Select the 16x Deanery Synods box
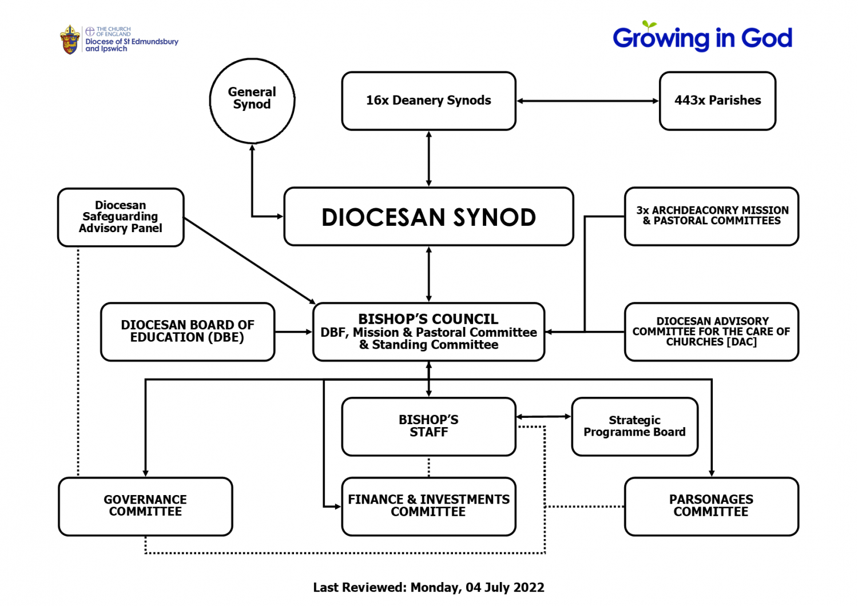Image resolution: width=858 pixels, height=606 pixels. click(x=428, y=101)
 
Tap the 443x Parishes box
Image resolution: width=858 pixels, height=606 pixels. click(x=717, y=101)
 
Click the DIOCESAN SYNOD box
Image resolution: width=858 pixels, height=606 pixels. click(x=428, y=216)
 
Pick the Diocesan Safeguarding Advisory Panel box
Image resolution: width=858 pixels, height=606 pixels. click(x=121, y=217)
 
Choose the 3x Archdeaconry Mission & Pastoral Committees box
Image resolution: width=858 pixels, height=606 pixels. click(x=712, y=216)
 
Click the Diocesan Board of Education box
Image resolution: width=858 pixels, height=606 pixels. click(x=188, y=332)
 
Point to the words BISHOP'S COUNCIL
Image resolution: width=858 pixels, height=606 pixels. click(x=428, y=319)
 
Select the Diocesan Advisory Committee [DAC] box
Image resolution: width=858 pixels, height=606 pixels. click(x=712, y=332)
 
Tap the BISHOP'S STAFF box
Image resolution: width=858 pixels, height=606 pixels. click(x=428, y=426)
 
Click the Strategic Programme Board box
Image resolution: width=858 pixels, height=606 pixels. click(x=634, y=426)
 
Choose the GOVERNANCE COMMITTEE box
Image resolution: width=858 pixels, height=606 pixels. click(x=145, y=506)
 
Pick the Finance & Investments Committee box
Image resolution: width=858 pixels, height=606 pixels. click(x=428, y=506)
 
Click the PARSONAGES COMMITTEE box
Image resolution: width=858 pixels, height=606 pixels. click(x=712, y=506)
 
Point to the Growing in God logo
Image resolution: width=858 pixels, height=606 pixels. click(x=702, y=37)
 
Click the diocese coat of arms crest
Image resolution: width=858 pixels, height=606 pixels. click(x=70, y=40)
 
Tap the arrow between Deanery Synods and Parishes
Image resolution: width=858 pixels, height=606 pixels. click(x=587, y=101)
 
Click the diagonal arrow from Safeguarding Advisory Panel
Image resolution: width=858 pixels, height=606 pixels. click(x=249, y=261)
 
